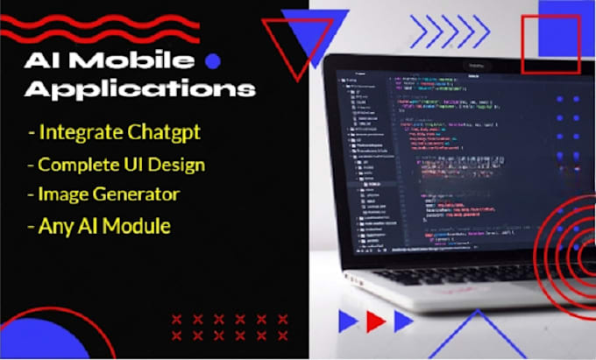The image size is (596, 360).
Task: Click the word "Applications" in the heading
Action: [139, 89]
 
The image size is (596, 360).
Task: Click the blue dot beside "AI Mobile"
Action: [211, 60]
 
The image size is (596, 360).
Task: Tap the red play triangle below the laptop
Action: [376, 321]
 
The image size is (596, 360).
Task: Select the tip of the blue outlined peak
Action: [478, 312]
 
